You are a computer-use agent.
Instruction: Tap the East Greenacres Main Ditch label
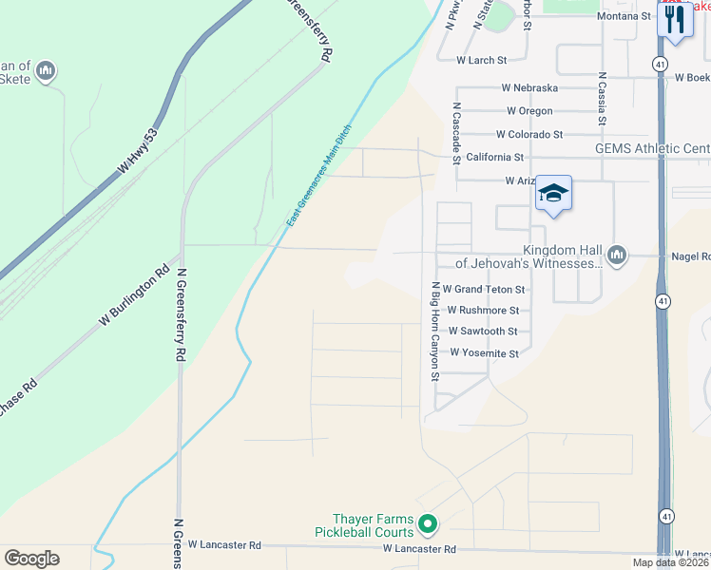(x=319, y=176)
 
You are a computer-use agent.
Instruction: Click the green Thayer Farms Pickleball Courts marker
(x=428, y=522)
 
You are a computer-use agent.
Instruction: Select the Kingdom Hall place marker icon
(x=617, y=254)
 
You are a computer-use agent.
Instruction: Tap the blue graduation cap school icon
(x=553, y=194)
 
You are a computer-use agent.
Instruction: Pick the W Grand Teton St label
(x=484, y=289)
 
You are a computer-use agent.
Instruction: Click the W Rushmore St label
(x=483, y=310)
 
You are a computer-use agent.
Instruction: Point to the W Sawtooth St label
(x=482, y=332)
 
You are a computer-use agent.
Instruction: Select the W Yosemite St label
(x=484, y=352)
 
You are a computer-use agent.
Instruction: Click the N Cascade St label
(x=456, y=134)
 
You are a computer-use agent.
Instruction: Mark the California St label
(x=495, y=157)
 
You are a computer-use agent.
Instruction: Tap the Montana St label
(x=624, y=16)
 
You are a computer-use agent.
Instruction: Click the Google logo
(x=31, y=559)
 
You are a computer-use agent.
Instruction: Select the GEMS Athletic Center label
(x=652, y=149)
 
